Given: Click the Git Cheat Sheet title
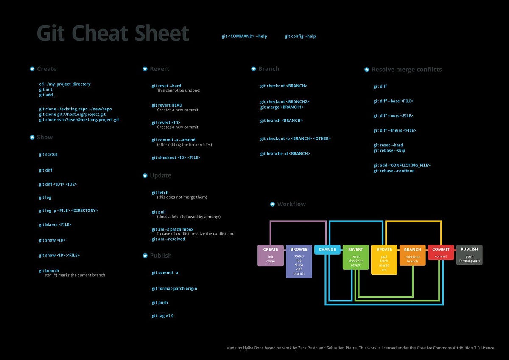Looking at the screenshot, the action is coord(113,34).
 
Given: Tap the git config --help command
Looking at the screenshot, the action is coord(300,37).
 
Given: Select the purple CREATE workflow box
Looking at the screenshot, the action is coord(271,255).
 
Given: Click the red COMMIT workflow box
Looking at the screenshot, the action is coord(441,253).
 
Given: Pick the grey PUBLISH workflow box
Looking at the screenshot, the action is coord(469,255).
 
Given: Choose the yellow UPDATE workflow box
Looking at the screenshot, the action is coord(384,259).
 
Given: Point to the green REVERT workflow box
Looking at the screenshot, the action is coord(355,257).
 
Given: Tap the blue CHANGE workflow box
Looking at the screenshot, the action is coord(327,250).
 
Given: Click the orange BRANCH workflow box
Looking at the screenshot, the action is coord(412,255).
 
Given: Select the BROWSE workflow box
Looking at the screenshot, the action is coord(299,261).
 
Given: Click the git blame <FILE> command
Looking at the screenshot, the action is coord(55,225).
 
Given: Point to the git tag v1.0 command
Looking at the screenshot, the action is coord(162,316).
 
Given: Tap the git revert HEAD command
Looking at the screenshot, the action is coord(167,105).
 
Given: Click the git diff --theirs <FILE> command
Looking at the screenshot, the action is coord(394,131).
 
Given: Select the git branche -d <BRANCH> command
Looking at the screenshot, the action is coord(285,154).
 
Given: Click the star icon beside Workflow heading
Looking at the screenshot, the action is coord(272,204).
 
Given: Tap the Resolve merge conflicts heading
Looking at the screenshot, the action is coord(406,70).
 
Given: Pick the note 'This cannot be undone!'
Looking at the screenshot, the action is coord(179,90).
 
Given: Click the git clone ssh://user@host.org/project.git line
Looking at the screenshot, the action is coord(79,120).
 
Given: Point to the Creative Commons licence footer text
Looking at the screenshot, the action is coord(361,348).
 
